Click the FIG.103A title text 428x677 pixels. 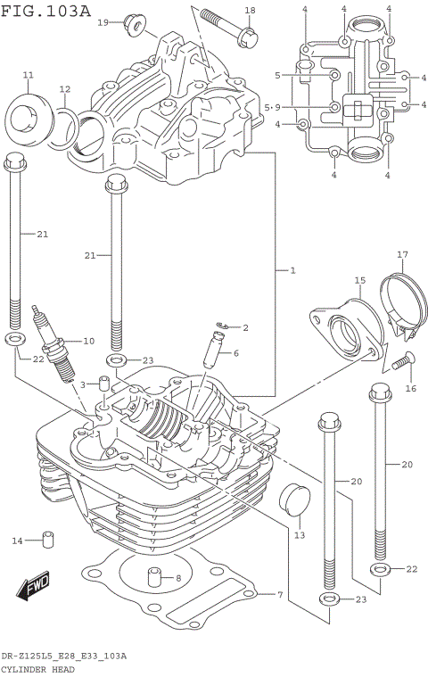pos(46,10)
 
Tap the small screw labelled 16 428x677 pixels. pos(401,361)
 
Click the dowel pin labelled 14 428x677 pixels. pos(49,541)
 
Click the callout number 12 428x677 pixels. pos(64,89)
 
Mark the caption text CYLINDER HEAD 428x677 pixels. pos(37,668)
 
